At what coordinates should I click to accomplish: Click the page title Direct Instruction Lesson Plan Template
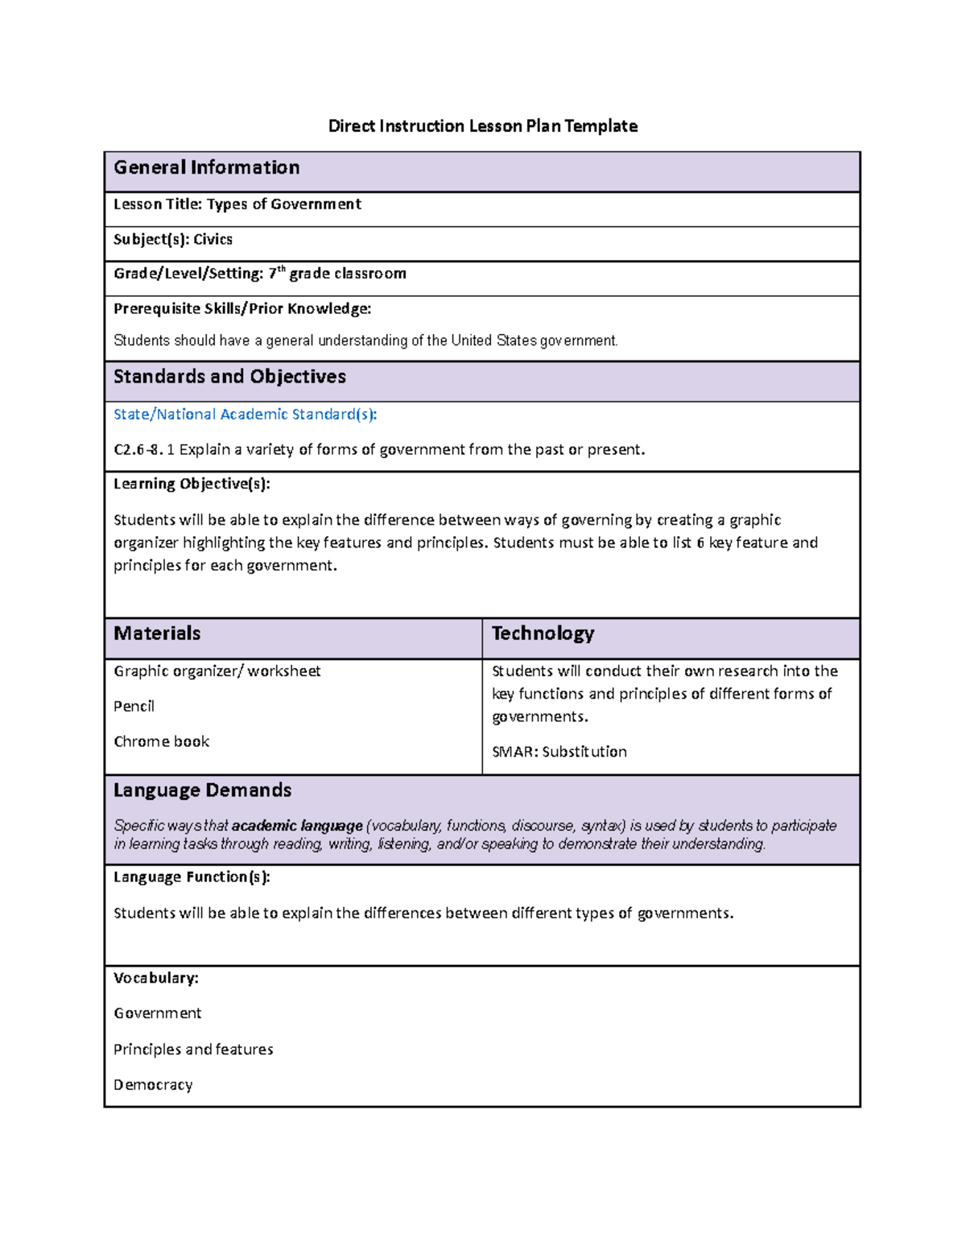[x=482, y=126]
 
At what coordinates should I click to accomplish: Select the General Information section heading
[x=206, y=167]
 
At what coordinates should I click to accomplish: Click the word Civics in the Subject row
[x=213, y=240]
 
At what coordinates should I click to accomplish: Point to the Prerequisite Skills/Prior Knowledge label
[x=242, y=309]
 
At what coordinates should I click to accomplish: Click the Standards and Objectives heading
[x=229, y=377]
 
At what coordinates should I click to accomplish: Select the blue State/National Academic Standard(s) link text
[x=245, y=415]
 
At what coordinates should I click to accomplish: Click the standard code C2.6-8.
[x=138, y=450]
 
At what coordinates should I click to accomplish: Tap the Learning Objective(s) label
[x=192, y=484]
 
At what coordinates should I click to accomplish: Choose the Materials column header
[x=157, y=633]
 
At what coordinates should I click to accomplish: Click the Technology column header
[x=543, y=633]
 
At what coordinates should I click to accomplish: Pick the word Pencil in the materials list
[x=134, y=707]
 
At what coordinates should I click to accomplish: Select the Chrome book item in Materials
[x=161, y=742]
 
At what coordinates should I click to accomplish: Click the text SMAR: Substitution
[x=559, y=752]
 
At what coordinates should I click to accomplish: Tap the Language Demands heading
[x=202, y=790]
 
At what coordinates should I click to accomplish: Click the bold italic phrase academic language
[x=297, y=826]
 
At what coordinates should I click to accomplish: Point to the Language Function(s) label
[x=192, y=877]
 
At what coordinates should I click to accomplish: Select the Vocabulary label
[x=155, y=979]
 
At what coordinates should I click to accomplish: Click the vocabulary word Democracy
[x=153, y=1085]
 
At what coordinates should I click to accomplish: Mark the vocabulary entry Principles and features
[x=193, y=1050]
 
